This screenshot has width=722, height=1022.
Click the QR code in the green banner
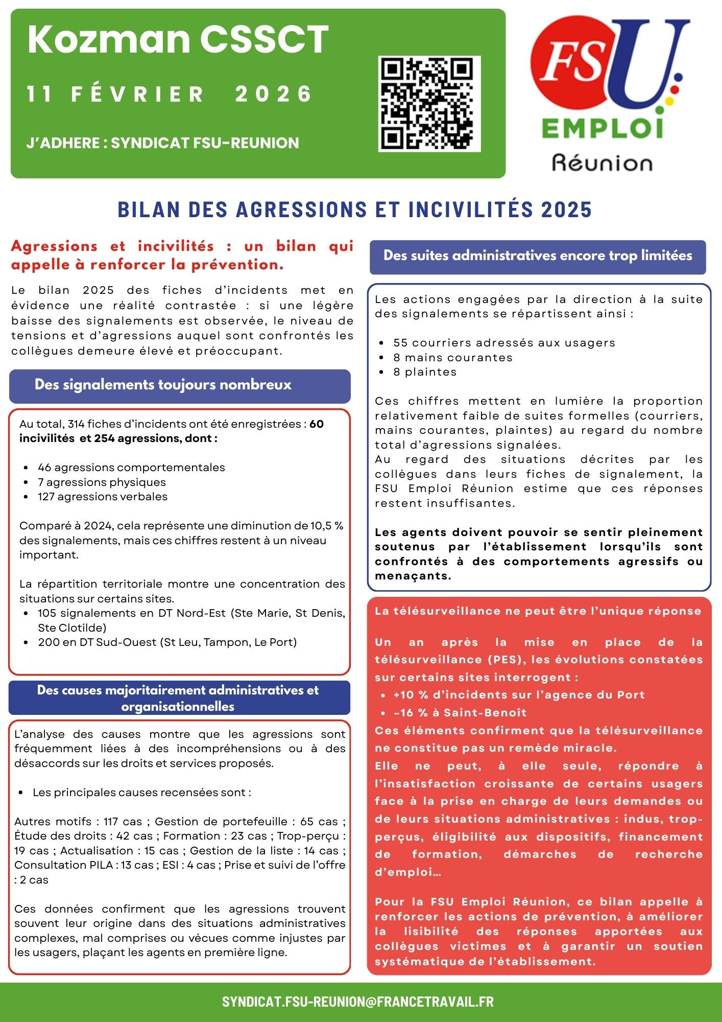pos(429,104)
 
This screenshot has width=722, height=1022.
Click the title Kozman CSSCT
pos(178,39)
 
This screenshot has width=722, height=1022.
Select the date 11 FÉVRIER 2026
pos(170,94)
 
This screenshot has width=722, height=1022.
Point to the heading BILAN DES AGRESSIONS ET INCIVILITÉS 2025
pos(354,210)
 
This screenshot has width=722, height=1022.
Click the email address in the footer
pos(357,1001)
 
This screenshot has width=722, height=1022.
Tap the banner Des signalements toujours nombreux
pos(163,385)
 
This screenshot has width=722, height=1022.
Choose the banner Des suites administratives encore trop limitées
pos(538,255)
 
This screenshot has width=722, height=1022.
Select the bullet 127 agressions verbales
pos(102,496)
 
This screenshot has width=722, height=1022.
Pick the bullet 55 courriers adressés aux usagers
pos(504,342)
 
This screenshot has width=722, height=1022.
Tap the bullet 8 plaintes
pos(425,371)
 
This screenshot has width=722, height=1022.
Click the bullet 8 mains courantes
pos(452,357)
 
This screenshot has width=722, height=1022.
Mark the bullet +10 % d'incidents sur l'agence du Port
pos(519,694)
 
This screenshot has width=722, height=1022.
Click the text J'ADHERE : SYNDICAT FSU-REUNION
pos(163,143)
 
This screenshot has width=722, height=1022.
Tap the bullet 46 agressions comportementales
pos(131,467)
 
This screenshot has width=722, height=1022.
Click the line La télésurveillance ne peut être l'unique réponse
pos(538,611)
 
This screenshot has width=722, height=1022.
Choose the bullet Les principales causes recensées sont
pos(141,792)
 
